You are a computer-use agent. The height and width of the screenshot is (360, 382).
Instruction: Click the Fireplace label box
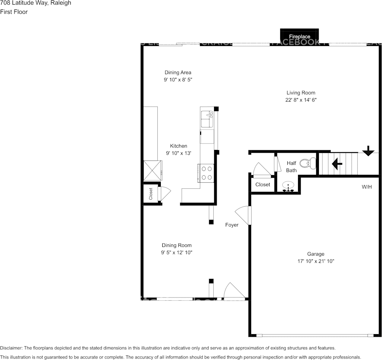click(300, 36)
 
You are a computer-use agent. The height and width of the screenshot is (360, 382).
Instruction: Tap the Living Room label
click(301, 92)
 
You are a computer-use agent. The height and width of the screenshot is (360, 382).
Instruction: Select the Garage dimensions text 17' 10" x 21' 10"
click(316, 261)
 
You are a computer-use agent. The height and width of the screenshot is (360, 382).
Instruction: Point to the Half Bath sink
click(289, 187)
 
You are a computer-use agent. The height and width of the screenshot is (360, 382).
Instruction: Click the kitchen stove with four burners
click(206, 172)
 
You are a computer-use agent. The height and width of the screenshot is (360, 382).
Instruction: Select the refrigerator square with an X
click(152, 170)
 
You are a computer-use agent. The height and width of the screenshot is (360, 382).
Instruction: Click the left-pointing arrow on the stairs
click(337, 164)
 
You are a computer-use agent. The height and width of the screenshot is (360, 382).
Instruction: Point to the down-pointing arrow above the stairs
click(368, 151)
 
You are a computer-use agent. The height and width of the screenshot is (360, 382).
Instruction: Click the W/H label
click(366, 187)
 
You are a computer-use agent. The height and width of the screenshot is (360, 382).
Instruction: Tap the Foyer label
click(232, 225)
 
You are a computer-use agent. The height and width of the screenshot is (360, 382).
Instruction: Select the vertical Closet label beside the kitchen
click(151, 194)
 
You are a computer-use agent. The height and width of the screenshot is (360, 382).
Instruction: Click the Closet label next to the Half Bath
click(263, 185)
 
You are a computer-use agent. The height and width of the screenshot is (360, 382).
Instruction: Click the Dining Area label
click(178, 72)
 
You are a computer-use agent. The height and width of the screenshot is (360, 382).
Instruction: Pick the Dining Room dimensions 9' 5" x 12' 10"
click(177, 253)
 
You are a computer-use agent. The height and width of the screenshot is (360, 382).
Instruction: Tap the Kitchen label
click(178, 146)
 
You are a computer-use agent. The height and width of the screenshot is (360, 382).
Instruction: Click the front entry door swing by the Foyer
click(233, 292)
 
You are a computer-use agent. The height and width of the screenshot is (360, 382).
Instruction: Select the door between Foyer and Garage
click(244, 215)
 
